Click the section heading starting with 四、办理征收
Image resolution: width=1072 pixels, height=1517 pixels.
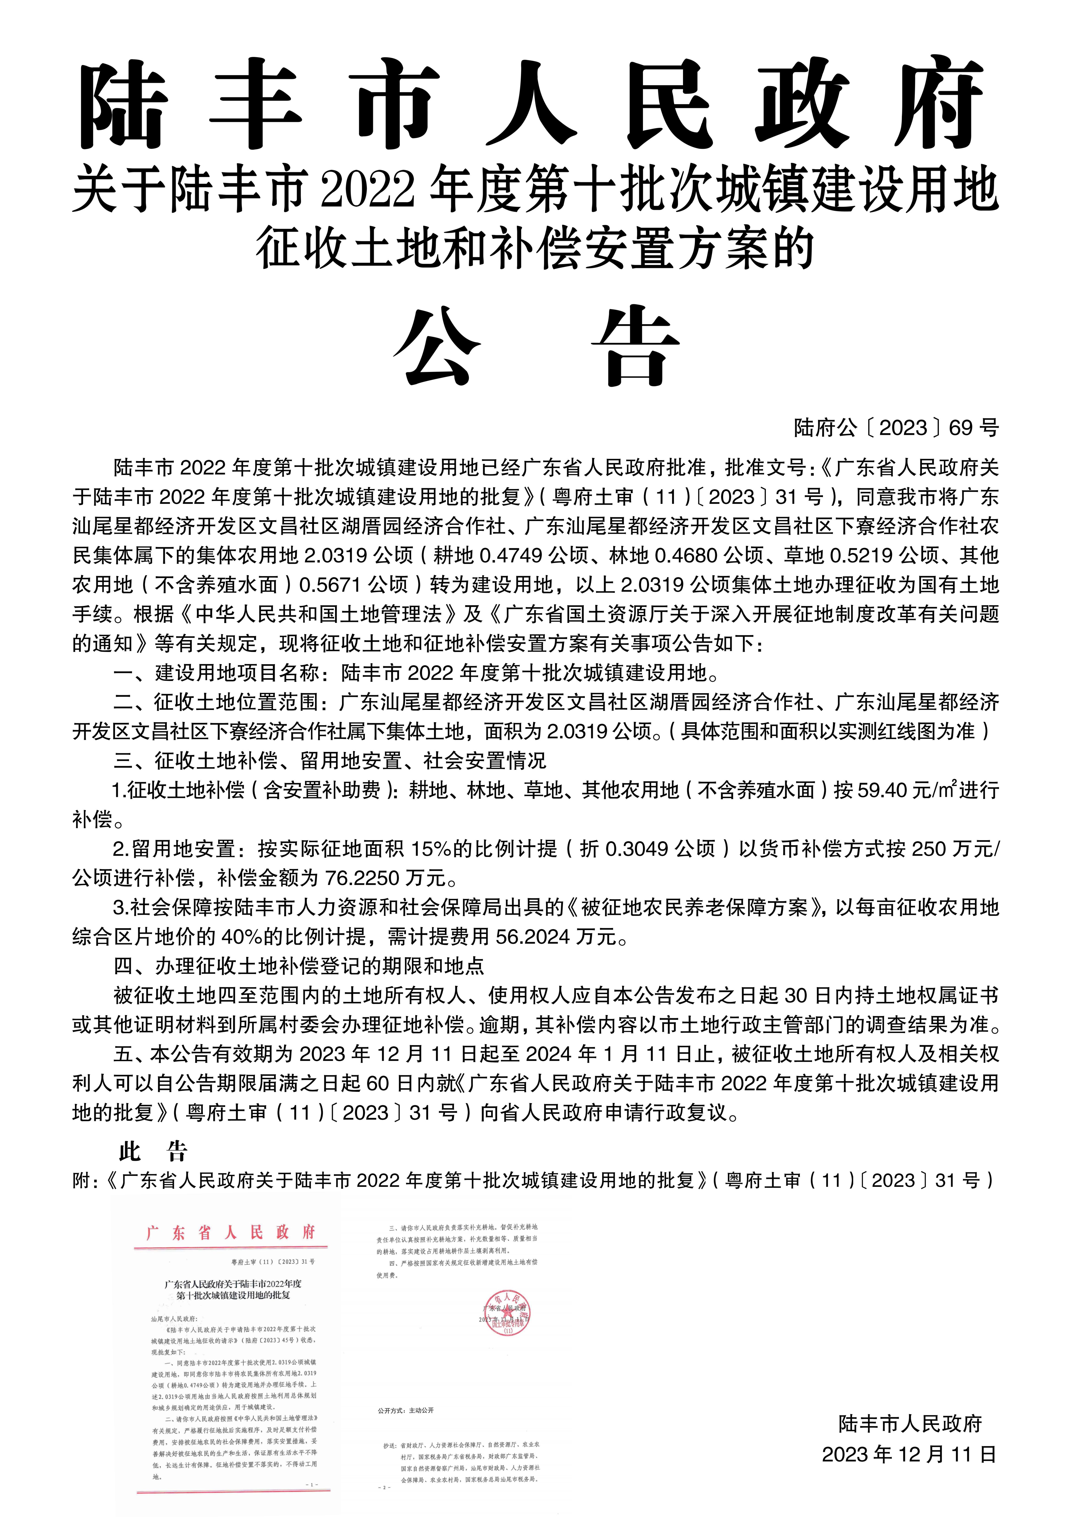(x=299, y=966)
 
